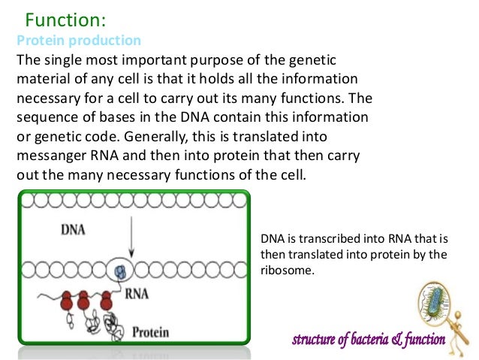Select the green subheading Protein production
79,40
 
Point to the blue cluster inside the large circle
122,271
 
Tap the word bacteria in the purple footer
366,340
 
